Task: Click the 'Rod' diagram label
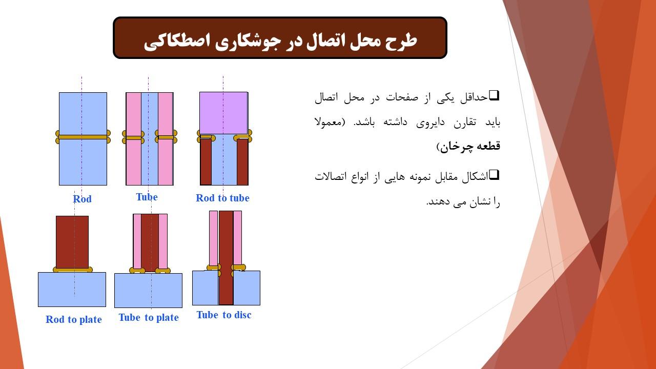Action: (83, 199)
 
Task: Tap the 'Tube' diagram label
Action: (147, 197)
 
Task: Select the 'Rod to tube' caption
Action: (222, 198)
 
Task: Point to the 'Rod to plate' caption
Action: (74, 319)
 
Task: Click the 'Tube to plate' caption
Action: (149, 317)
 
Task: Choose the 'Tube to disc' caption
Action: (224, 315)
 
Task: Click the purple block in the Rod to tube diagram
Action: (224, 113)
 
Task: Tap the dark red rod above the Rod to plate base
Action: (72, 242)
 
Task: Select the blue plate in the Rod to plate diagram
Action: (72, 290)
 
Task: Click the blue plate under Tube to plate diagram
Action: (148, 291)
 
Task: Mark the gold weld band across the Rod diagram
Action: (83, 137)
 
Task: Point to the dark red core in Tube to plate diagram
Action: (150, 242)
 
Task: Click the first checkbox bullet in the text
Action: (494, 95)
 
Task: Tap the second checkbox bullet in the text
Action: (494, 175)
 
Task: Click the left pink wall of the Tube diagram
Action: (134, 139)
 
